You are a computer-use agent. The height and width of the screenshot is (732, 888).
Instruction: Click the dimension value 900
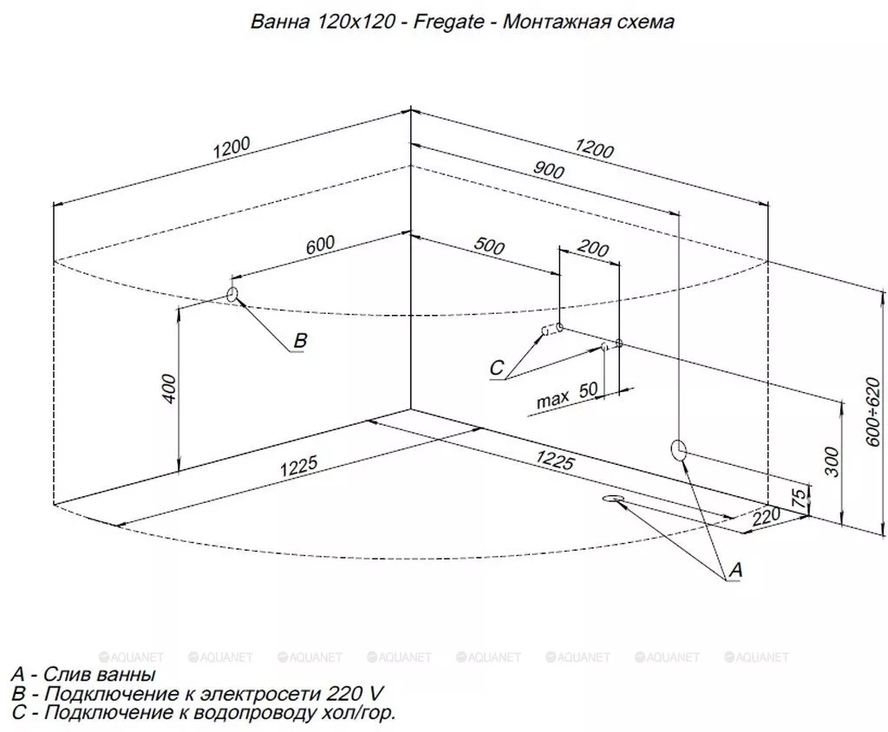[x=548, y=169]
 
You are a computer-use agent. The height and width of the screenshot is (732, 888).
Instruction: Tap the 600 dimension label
[x=321, y=245]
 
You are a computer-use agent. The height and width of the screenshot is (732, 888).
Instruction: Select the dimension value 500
[x=489, y=246]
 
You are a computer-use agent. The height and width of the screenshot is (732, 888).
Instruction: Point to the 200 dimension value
[x=593, y=248]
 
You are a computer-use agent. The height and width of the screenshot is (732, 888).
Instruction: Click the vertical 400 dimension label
[x=169, y=389]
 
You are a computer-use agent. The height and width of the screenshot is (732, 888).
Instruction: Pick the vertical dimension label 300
[x=832, y=461]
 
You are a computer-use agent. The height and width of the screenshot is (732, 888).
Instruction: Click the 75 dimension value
[x=798, y=498]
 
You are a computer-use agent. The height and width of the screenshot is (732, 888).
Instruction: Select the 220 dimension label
[x=767, y=517]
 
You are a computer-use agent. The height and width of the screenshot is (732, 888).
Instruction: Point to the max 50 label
[x=567, y=395]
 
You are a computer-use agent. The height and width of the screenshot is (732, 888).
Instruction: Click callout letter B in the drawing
[x=300, y=340]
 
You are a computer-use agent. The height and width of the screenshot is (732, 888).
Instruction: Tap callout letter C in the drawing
[x=496, y=368]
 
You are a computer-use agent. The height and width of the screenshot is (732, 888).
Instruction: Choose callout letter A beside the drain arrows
[x=735, y=570]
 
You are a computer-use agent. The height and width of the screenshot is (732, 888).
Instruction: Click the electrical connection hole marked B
[x=232, y=294]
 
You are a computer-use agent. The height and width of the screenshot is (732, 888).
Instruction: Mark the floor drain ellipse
[x=613, y=498]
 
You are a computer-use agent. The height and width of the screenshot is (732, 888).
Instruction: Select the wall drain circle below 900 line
[x=678, y=450]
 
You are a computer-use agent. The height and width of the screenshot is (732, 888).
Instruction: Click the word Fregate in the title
[x=448, y=22]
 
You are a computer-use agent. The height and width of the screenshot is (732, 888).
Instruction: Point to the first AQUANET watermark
[x=131, y=657]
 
